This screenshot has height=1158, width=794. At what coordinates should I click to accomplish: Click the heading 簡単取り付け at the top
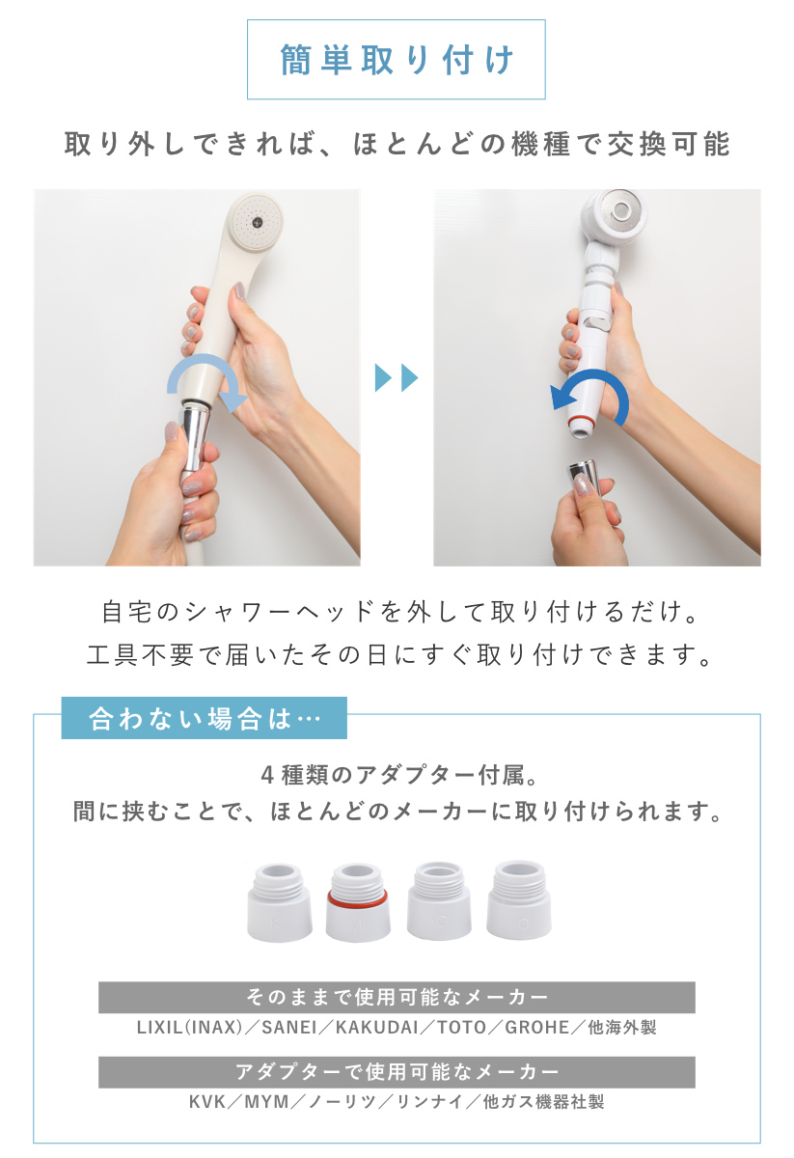[397, 60]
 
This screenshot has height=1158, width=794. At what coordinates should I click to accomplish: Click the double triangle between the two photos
[397, 378]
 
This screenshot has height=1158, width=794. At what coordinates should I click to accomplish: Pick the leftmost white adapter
[280, 901]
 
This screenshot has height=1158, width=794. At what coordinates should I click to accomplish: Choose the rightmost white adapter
[520, 901]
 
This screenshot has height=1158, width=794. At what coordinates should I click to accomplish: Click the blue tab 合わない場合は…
[204, 720]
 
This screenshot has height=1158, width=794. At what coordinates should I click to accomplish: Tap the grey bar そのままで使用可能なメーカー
[397, 997]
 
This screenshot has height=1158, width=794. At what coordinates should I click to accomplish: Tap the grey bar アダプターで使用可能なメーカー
[397, 1072]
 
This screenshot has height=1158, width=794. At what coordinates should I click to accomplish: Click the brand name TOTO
[461, 1028]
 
